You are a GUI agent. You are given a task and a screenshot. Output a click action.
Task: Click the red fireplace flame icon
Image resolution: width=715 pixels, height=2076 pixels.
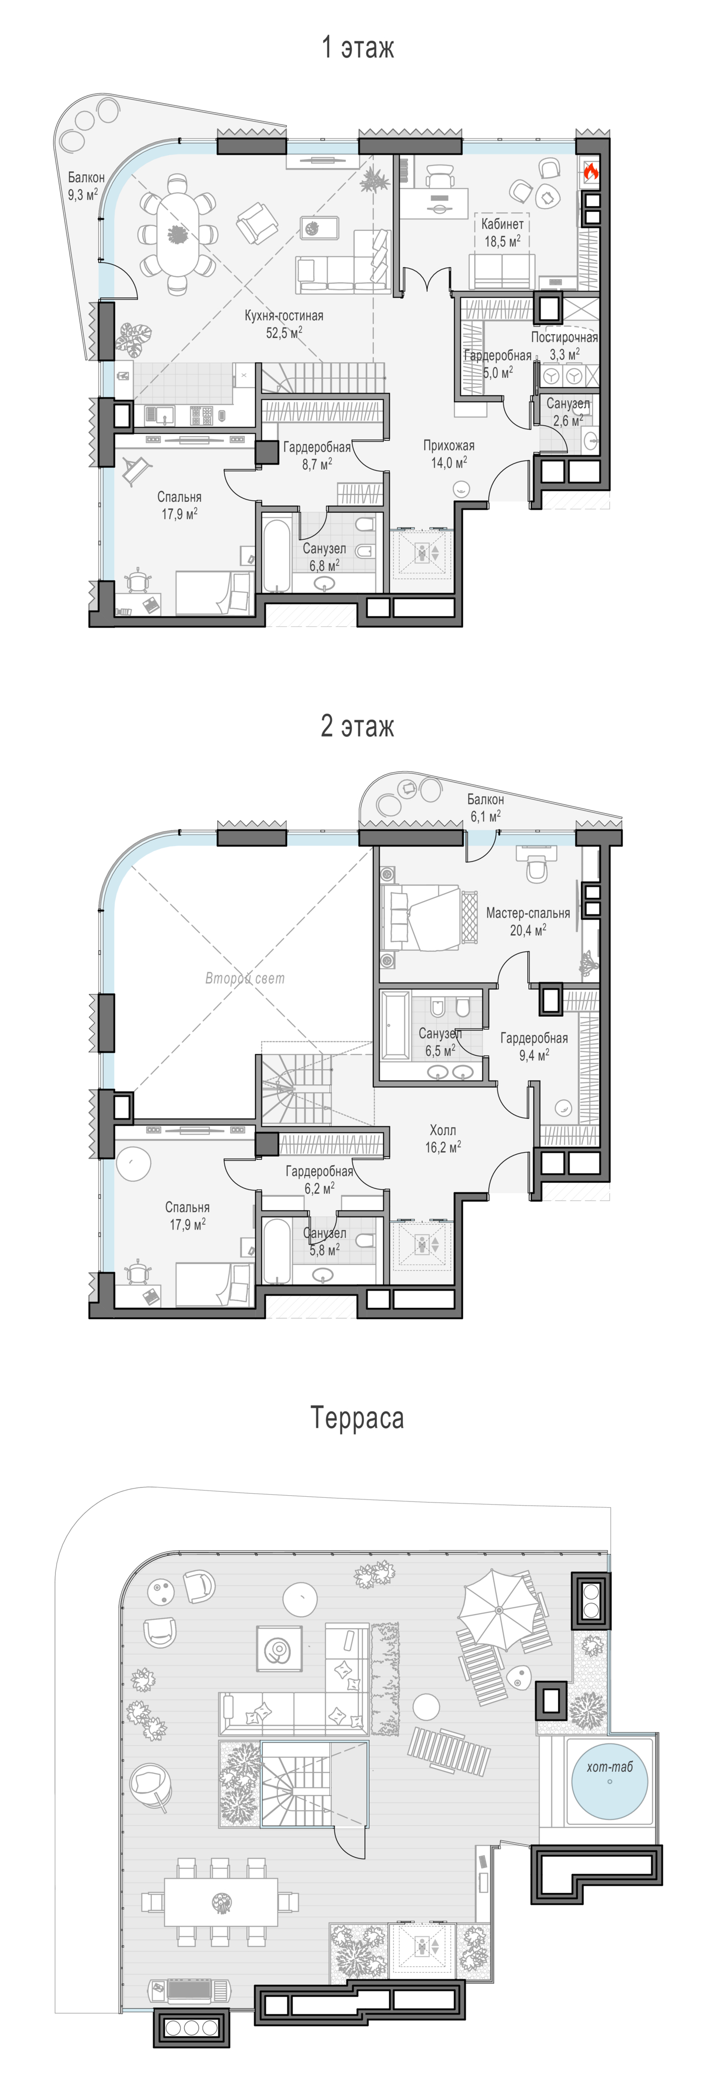[x=590, y=171]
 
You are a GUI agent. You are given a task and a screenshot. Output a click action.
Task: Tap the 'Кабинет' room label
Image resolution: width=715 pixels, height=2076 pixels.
[x=502, y=224]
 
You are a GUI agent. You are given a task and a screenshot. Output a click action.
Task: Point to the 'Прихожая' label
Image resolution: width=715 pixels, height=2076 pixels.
[x=449, y=446]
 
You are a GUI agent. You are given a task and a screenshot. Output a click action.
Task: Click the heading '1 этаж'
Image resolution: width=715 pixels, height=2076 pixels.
[x=358, y=48]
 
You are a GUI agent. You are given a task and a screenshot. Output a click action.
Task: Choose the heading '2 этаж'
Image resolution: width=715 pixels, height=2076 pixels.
[x=358, y=726]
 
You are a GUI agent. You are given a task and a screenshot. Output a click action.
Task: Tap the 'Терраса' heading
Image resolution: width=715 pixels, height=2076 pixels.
[x=357, y=1417]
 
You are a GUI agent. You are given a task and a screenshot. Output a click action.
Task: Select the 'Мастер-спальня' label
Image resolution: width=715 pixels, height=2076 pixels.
[x=528, y=913]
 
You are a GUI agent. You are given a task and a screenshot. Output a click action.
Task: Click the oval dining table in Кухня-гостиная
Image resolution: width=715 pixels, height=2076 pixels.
[x=177, y=235]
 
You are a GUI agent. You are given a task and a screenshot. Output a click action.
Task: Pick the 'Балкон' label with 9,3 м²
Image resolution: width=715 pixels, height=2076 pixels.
[x=86, y=177]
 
